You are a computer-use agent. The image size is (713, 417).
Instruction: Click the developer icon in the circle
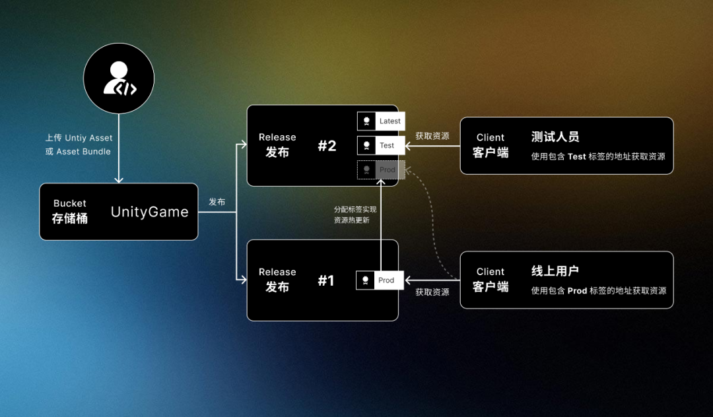(119, 79)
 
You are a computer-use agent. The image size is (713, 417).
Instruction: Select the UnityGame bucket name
(149, 212)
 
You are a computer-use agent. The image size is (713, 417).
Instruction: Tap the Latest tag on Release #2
(381, 121)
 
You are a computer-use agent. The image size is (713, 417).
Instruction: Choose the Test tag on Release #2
(381, 146)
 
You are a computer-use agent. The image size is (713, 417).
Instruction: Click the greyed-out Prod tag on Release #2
(381, 170)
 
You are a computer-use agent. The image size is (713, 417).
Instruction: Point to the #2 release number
(327, 146)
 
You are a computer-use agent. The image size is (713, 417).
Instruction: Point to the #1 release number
(326, 280)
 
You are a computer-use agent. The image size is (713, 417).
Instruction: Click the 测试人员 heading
(555, 137)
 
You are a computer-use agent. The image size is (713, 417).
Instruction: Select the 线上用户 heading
(555, 271)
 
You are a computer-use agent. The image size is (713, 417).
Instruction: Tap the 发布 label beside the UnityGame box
(217, 202)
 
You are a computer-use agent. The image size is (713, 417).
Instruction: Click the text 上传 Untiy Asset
(79, 138)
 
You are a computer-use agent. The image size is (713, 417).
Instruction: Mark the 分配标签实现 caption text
(355, 209)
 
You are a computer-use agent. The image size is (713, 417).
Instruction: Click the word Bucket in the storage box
(70, 203)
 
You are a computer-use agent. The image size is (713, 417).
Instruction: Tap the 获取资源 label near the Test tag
(432, 136)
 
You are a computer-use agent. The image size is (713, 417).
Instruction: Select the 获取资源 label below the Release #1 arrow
(432, 292)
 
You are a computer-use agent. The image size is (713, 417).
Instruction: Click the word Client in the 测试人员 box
(491, 137)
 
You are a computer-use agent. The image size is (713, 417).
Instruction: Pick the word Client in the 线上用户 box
(491, 271)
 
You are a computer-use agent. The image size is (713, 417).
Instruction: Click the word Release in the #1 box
(277, 272)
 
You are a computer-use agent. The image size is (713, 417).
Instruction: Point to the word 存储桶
(70, 218)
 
